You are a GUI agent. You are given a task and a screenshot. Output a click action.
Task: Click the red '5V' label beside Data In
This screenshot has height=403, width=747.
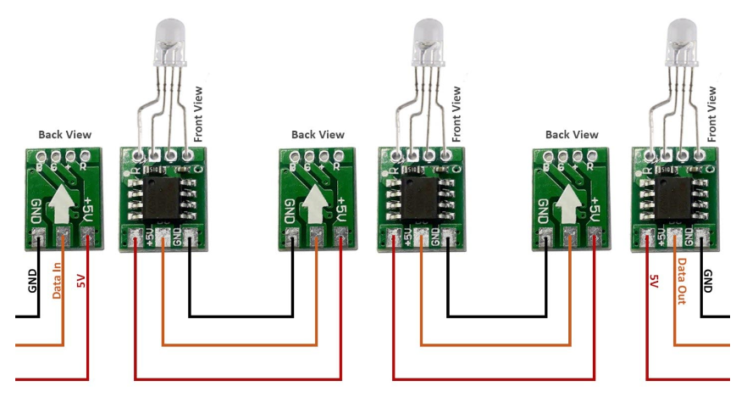[81, 281]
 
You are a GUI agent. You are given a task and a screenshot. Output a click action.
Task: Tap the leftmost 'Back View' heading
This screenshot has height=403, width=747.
[65, 134]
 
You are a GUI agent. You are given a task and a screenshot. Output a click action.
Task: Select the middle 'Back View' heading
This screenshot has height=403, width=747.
[318, 134]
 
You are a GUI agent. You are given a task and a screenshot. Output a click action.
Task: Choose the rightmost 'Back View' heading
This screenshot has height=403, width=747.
[572, 134]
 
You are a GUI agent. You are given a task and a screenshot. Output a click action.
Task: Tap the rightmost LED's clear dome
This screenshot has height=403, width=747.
[682, 38]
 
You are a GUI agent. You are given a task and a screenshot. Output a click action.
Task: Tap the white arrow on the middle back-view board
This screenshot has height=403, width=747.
[316, 203]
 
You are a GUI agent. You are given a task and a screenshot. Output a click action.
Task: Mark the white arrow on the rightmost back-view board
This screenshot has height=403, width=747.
[569, 203]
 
